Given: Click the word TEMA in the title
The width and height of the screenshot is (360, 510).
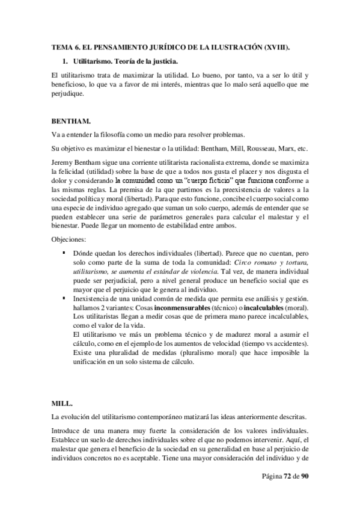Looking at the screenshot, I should pyautogui.click(x=61, y=46).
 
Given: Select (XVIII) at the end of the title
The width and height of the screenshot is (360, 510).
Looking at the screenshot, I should pyautogui.click(x=275, y=46).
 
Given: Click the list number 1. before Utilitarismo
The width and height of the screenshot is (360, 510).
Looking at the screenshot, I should pyautogui.click(x=66, y=61).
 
